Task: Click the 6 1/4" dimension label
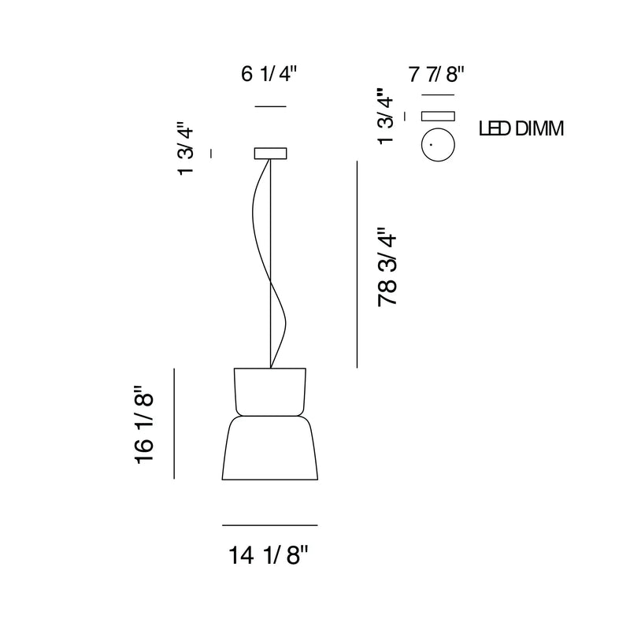(x=269, y=74)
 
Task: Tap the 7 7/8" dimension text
(x=436, y=75)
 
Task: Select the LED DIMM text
(x=521, y=128)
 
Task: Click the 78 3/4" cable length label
(x=387, y=268)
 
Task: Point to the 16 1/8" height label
(x=144, y=425)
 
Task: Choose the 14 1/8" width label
(x=268, y=555)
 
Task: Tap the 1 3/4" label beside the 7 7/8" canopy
(x=386, y=117)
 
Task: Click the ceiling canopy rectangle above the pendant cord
(x=270, y=154)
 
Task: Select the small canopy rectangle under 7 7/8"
(x=438, y=116)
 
